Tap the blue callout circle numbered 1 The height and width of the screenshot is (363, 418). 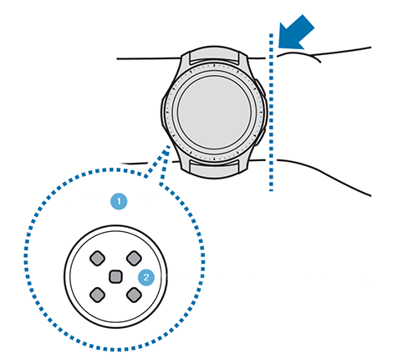click(119, 201)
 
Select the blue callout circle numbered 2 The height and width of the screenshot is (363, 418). click(146, 277)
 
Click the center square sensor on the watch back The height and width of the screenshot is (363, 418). click(115, 277)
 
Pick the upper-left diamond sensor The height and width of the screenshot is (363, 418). click(97, 258)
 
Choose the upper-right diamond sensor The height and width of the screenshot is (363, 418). click(134, 258)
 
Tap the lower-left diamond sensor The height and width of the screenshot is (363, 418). click(97, 295)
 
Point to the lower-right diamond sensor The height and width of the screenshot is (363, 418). click(134, 295)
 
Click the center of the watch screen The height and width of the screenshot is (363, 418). click(214, 113)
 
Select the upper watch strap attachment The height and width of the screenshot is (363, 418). click(215, 56)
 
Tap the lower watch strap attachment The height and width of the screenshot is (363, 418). click(215, 168)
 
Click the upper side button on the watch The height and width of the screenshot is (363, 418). click(261, 89)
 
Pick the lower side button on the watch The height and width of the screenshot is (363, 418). click(261, 135)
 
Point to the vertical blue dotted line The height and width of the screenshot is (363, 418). click(271, 112)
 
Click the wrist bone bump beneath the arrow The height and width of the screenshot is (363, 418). click(299, 55)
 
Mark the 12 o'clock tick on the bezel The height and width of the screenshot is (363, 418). click(214, 66)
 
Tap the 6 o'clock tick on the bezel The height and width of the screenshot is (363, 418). click(214, 159)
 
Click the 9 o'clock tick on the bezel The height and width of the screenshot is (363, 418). click(167, 113)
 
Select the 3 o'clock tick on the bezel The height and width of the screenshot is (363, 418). click(261, 113)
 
